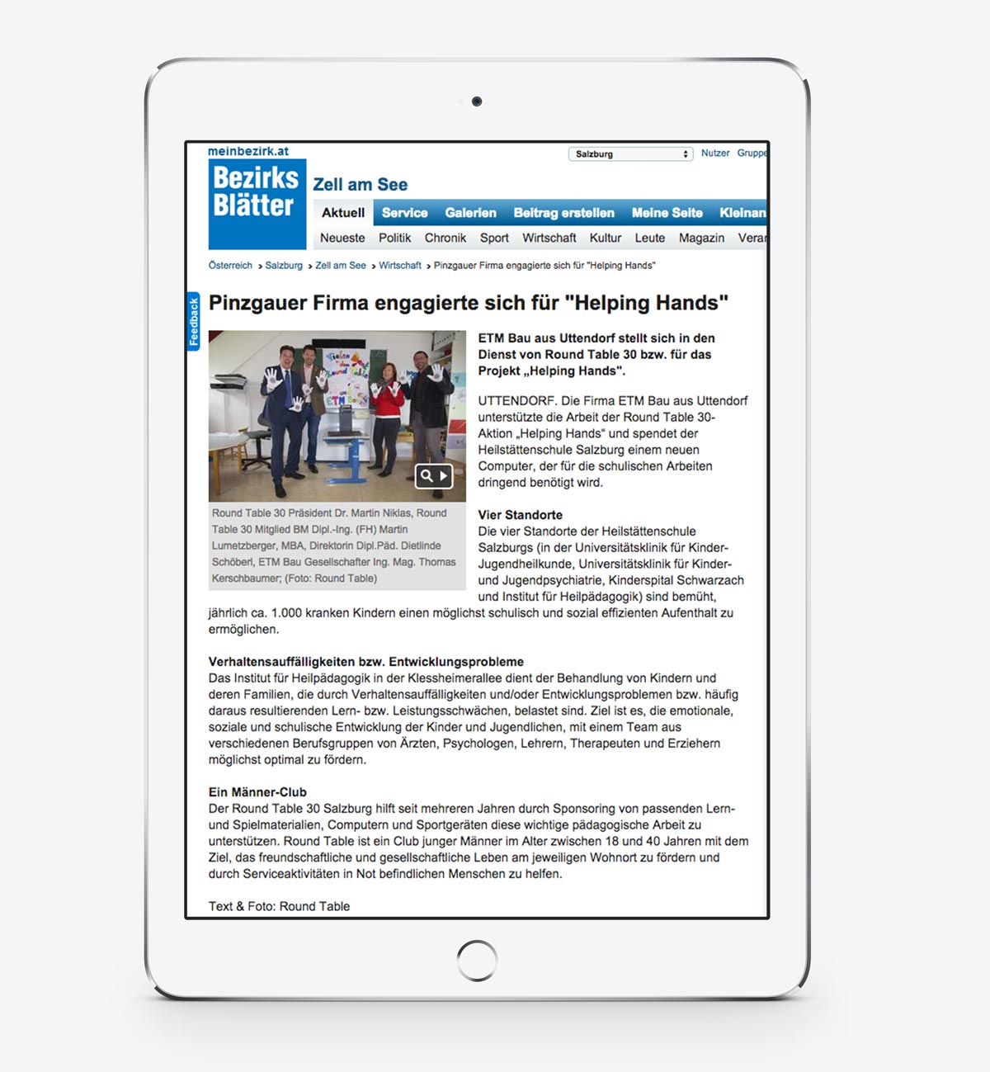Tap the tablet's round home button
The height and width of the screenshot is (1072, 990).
tap(477, 961)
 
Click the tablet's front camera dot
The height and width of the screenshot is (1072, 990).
tap(477, 102)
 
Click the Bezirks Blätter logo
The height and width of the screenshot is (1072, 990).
tap(257, 203)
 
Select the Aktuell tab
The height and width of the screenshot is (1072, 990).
tap(343, 213)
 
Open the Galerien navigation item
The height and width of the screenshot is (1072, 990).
tap(470, 213)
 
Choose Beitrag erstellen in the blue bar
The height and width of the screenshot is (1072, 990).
tap(563, 213)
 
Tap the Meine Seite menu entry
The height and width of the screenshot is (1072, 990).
tap(667, 213)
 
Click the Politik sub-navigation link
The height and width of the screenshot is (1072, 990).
tap(394, 238)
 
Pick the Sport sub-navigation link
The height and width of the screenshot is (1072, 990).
tap(494, 238)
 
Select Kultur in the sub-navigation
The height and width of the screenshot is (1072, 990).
tap(605, 238)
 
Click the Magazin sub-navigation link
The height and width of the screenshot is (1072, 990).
tap(701, 238)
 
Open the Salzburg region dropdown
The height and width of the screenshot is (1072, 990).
tap(630, 154)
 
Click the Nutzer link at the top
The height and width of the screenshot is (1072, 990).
tap(715, 153)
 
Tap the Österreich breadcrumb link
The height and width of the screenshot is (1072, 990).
tap(230, 266)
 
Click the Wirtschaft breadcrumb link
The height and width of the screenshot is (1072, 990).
tap(400, 266)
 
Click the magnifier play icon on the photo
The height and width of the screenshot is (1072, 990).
tap(434, 475)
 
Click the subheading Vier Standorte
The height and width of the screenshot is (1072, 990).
tap(521, 515)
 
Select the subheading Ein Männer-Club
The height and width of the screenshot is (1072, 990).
tap(257, 792)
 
